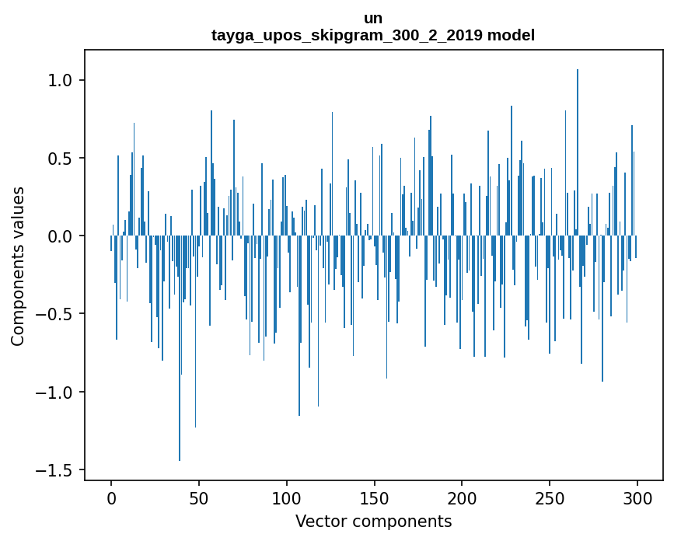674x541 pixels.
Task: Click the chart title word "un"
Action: [373, 18]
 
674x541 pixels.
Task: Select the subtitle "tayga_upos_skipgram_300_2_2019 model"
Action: [373, 35]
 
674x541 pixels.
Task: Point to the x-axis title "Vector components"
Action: [373, 521]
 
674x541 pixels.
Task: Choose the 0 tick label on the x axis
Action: [111, 497]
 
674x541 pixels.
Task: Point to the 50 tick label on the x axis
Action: [199, 497]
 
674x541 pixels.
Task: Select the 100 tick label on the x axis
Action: [287, 497]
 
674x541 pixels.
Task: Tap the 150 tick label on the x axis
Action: [374, 497]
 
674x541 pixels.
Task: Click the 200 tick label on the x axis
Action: [462, 497]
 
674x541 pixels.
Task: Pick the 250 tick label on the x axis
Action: [550, 497]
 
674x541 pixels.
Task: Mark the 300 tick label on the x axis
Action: [637, 497]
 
